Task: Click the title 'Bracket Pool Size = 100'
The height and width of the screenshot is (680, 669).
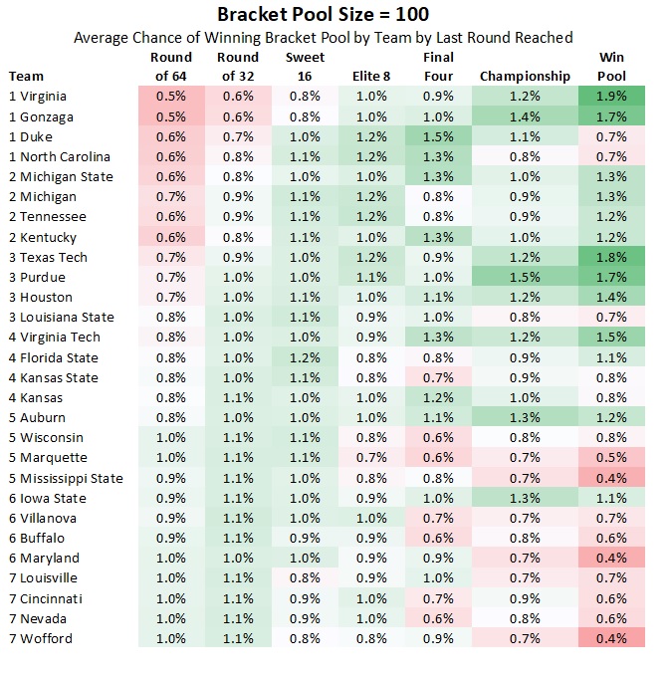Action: tap(324, 15)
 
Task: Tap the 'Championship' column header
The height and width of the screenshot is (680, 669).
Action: tap(525, 76)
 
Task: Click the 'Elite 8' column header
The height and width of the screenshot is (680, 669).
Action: tap(371, 76)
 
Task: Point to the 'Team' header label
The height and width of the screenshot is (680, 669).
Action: tap(26, 76)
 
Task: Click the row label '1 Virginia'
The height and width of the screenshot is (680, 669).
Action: tap(41, 97)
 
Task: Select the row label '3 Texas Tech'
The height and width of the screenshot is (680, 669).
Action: tap(48, 257)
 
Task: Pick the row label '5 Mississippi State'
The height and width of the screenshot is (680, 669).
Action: tap(66, 478)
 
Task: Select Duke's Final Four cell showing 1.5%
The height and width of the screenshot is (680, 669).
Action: tap(438, 136)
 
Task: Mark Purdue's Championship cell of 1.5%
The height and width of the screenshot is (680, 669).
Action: tap(525, 277)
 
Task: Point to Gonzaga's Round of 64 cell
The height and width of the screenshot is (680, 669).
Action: tap(171, 116)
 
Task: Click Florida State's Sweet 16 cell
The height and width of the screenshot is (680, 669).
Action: tap(305, 357)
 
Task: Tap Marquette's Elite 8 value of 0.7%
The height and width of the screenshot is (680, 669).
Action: tap(371, 458)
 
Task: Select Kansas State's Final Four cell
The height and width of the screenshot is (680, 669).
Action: tap(438, 377)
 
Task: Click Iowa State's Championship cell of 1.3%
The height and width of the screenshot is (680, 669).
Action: tap(525, 498)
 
